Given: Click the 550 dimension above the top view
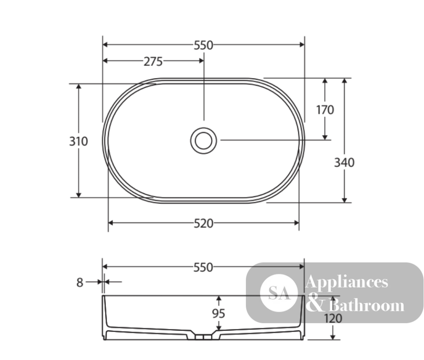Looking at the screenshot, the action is click(204, 45).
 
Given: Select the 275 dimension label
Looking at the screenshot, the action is click(153, 61).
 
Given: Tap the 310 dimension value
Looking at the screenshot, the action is click(78, 141).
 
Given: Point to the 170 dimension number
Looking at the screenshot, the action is click(325, 110).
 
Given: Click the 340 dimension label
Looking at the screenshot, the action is click(344, 162).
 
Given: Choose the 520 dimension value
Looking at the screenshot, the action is click(204, 223).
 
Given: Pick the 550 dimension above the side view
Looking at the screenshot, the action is click(204, 267).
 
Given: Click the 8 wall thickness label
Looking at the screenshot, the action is click(80, 283).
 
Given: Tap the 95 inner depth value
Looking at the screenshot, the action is click(218, 313).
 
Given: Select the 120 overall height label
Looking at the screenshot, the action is click(333, 318).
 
